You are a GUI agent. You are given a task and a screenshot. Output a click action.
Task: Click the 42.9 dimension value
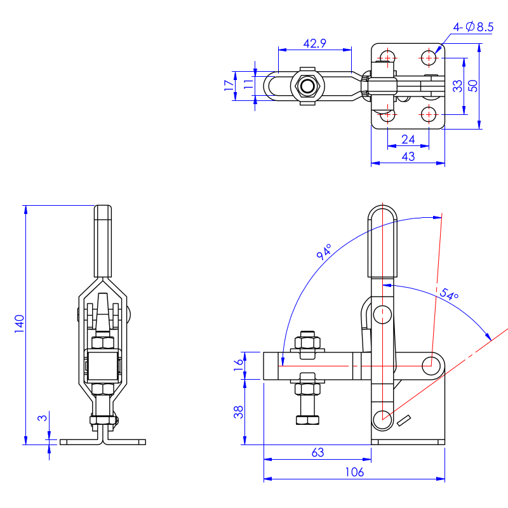coord(314,43)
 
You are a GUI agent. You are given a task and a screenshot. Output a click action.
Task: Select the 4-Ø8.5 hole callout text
coord(472,27)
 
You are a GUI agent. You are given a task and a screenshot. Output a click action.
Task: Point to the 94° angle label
coord(324,252)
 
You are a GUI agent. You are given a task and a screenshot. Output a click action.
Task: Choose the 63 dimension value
coord(317,452)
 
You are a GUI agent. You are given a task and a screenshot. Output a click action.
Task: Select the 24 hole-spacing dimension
coord(408,139)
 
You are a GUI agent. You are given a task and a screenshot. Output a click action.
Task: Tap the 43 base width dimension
coord(408,156)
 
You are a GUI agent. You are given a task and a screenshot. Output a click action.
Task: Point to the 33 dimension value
coord(457,86)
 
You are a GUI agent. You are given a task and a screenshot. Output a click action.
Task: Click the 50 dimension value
coord(472,86)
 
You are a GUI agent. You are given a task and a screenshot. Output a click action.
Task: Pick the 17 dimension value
coord(229,86)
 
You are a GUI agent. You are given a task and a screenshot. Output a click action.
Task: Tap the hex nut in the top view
coord(307,86)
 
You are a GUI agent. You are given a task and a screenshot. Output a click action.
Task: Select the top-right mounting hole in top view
coord(429,58)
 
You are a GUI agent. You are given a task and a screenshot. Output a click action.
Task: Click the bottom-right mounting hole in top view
coord(429,114)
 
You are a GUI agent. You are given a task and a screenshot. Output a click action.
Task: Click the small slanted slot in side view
coord(404,420)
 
